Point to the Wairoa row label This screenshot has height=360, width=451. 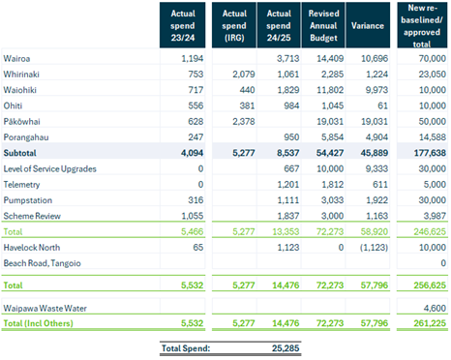19,60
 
